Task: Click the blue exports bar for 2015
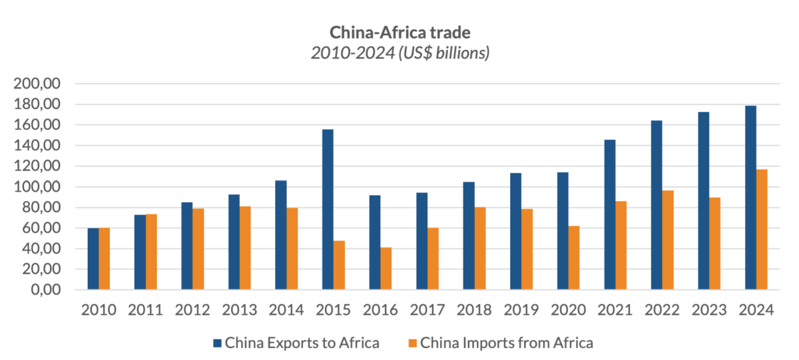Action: click(328, 210)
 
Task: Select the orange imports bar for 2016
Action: click(386, 269)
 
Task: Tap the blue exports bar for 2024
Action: click(750, 198)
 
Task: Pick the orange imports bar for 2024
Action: click(762, 230)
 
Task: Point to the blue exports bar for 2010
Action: click(93, 259)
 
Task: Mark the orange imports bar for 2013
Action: click(245, 248)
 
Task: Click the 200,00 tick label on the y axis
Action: click(37, 84)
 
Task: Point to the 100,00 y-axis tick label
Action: click(37, 187)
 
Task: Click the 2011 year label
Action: click(145, 310)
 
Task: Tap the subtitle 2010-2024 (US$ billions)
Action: click(400, 53)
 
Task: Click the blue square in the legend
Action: click(217, 343)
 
